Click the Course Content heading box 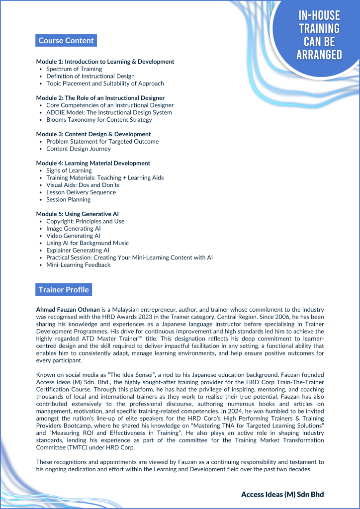click(x=66, y=41)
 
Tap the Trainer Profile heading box click(x=64, y=290)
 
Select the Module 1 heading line click(x=105, y=62)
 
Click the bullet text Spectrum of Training click(x=74, y=69)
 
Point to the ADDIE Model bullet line click(x=109, y=112)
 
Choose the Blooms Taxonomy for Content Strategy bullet click(x=99, y=120)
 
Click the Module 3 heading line click(x=93, y=134)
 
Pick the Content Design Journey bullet click(x=79, y=149)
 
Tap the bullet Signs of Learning click(x=69, y=170)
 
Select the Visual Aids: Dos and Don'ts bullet click(x=83, y=185)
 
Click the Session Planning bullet click(x=69, y=199)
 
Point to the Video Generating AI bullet click(x=73, y=236)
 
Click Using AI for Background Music click(x=88, y=243)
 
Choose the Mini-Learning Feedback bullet click(x=79, y=265)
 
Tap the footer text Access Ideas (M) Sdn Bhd click(x=282, y=494)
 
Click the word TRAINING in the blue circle click(x=319, y=29)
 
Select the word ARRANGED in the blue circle click(x=319, y=55)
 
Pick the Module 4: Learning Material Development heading click(x=93, y=163)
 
